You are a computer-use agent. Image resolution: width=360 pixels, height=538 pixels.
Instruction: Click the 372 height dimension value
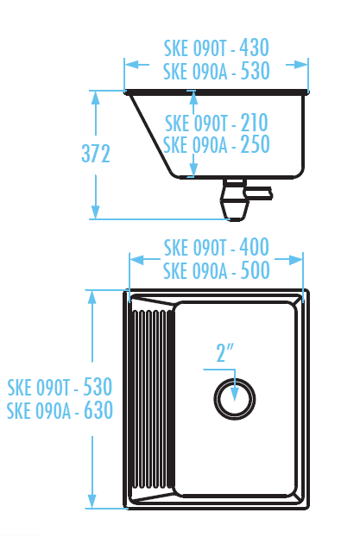click(x=96, y=154)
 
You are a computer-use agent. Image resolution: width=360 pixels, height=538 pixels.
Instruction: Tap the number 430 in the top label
click(x=254, y=47)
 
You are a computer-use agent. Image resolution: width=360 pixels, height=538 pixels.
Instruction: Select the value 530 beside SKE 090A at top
click(x=255, y=71)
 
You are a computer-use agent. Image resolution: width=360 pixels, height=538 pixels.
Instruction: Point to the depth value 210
click(x=254, y=123)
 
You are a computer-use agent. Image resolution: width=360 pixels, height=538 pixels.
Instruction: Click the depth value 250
click(x=255, y=144)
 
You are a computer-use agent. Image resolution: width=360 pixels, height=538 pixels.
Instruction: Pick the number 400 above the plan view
click(x=254, y=247)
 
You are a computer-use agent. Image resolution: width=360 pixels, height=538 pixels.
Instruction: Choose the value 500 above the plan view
click(x=255, y=270)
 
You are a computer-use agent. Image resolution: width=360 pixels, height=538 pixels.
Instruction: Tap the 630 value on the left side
click(x=98, y=409)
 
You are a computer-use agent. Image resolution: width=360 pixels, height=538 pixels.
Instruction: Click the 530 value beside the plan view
click(x=98, y=387)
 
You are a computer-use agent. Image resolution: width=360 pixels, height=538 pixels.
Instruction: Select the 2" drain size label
click(x=224, y=352)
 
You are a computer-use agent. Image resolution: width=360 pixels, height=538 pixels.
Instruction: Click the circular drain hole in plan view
click(x=235, y=399)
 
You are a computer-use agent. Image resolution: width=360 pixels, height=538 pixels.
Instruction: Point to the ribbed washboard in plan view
click(x=153, y=399)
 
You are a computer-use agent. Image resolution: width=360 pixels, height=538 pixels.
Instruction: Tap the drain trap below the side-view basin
click(x=235, y=199)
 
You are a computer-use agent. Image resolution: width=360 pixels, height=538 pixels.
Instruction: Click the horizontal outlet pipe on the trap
click(x=260, y=193)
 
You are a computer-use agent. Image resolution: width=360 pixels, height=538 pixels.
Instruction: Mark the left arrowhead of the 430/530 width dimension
click(x=131, y=64)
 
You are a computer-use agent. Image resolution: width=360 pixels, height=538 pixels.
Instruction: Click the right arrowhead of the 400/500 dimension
click(x=296, y=259)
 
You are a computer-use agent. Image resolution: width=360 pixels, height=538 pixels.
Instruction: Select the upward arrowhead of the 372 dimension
click(x=96, y=98)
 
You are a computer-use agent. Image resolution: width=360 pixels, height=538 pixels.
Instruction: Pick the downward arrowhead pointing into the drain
click(x=235, y=394)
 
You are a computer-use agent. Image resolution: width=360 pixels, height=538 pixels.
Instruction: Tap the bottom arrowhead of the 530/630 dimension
click(x=92, y=501)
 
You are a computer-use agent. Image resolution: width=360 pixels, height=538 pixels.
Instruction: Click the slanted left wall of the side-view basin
click(x=151, y=134)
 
